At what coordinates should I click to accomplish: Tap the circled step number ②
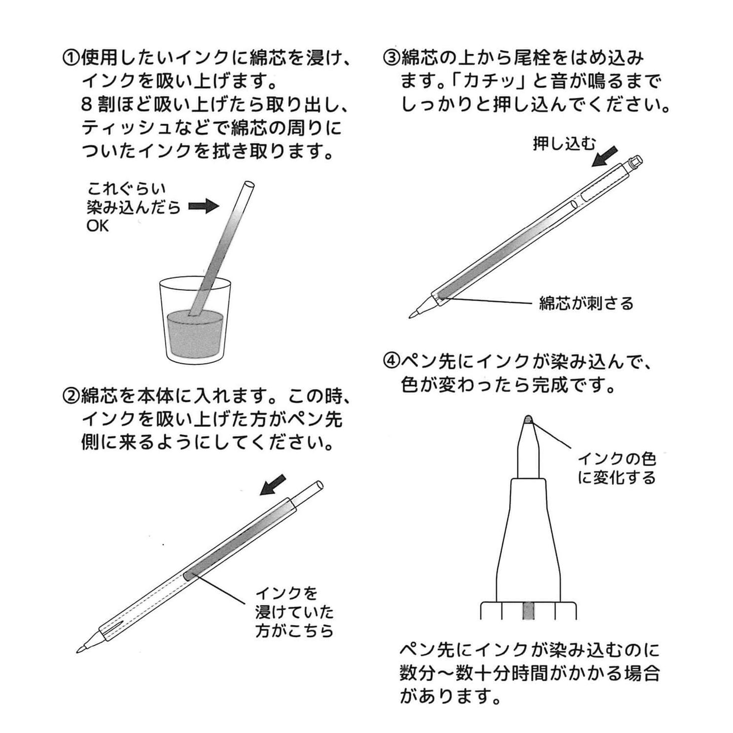pyautogui.click(x=71, y=396)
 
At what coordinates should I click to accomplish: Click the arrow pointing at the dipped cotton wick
pyautogui.click(x=203, y=206)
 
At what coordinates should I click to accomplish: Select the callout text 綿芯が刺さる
pyautogui.click(x=586, y=303)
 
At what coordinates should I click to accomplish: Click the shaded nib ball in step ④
pyautogui.click(x=528, y=420)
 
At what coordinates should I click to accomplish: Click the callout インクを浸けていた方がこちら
pyautogui.click(x=294, y=612)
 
